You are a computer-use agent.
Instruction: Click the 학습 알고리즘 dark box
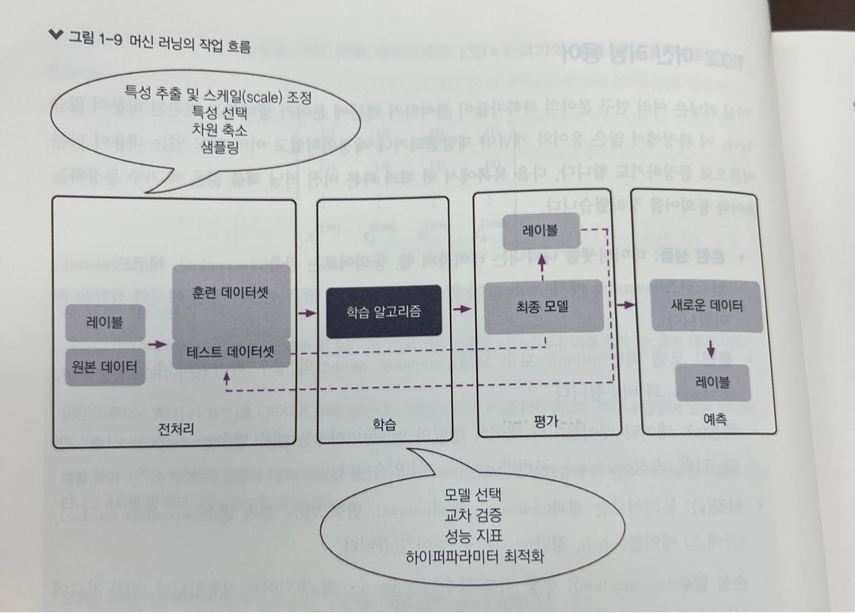click(x=383, y=312)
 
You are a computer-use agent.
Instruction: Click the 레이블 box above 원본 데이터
click(x=105, y=323)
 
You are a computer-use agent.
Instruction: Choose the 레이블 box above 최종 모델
click(x=542, y=232)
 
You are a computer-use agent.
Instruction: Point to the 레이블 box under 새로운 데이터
click(x=712, y=379)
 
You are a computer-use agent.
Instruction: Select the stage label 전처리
click(x=176, y=428)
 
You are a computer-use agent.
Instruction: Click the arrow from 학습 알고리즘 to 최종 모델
click(x=461, y=310)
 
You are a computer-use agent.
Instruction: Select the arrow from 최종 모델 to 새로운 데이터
click(x=626, y=304)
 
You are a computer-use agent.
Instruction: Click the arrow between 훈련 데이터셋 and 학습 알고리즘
click(x=305, y=314)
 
